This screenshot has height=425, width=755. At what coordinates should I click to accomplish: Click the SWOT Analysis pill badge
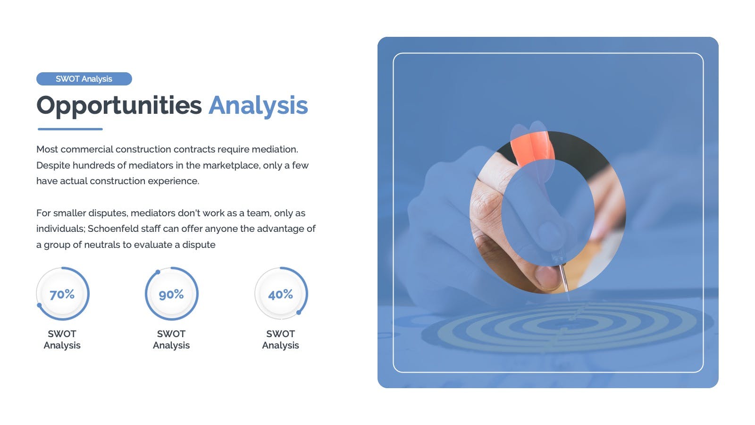(x=84, y=78)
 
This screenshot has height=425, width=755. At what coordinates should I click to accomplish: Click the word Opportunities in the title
(x=119, y=106)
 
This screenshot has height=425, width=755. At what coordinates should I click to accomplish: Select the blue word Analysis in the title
(x=258, y=106)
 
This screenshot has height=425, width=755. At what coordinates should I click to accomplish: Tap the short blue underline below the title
(x=70, y=129)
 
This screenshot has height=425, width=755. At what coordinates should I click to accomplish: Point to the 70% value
(x=62, y=295)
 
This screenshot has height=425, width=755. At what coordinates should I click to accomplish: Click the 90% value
(x=171, y=295)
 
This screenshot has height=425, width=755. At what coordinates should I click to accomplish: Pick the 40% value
(x=280, y=295)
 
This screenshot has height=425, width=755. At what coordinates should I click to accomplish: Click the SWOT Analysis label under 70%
(x=62, y=340)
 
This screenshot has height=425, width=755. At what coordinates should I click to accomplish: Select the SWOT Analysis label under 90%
(x=171, y=340)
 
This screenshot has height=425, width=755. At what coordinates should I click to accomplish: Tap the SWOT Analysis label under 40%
(x=280, y=340)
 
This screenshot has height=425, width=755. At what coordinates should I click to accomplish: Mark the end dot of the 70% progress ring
(x=40, y=305)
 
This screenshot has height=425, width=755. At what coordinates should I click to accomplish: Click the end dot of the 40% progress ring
(x=299, y=313)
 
